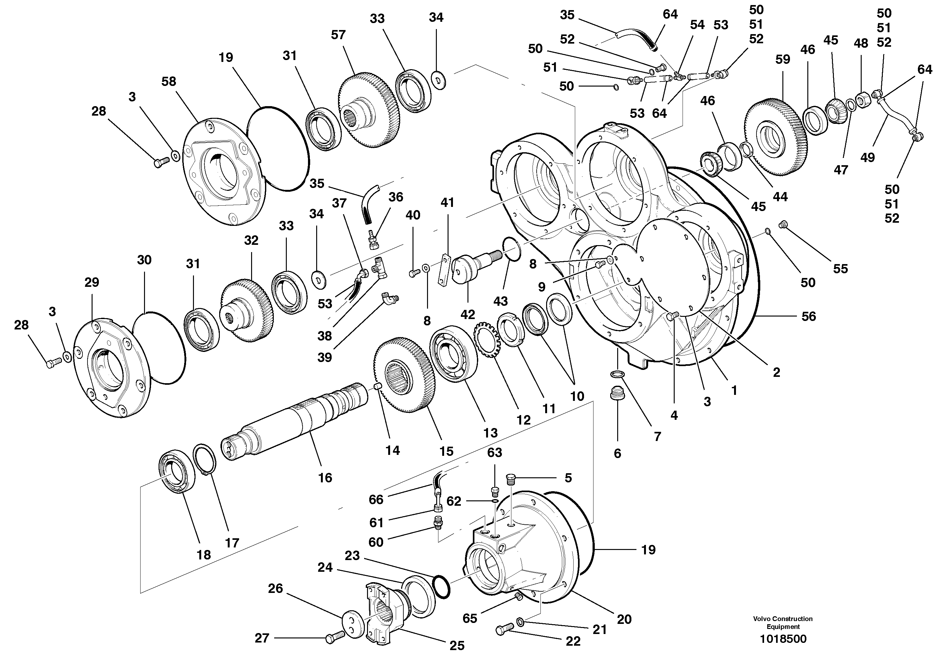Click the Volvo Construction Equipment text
click(783, 623)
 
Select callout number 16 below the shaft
click(325, 478)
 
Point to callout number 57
click(338, 35)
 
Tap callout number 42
click(467, 314)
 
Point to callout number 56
click(809, 316)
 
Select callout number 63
click(495, 452)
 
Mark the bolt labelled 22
click(505, 629)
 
